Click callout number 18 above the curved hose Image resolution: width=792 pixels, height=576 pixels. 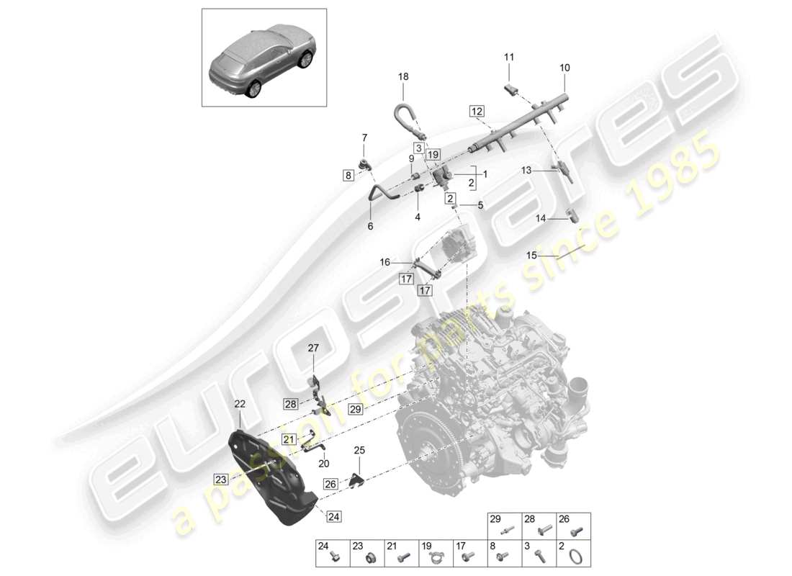pyautogui.click(x=403, y=76)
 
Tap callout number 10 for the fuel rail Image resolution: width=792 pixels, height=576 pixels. pyautogui.click(x=564, y=67)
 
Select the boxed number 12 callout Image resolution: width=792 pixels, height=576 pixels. pyautogui.click(x=477, y=111)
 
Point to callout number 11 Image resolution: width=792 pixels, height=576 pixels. pyautogui.click(x=509, y=57)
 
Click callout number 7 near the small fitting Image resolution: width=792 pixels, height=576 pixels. pyautogui.click(x=364, y=137)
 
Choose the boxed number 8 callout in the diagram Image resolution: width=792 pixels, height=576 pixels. pyautogui.click(x=348, y=175)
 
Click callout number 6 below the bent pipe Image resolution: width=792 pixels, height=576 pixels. pyautogui.click(x=371, y=226)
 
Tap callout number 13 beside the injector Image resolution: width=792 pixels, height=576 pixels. pyautogui.click(x=526, y=171)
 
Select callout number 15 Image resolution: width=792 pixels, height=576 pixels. pyautogui.click(x=531, y=256)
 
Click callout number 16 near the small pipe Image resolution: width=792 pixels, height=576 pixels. pyautogui.click(x=385, y=263)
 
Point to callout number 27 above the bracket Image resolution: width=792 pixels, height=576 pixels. pyautogui.click(x=313, y=348)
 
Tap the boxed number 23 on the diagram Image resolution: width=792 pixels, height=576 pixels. pyautogui.click(x=220, y=478)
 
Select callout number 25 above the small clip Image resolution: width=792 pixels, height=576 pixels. pyautogui.click(x=359, y=450)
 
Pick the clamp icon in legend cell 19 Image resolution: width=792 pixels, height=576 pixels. pyautogui.click(x=435, y=556)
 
